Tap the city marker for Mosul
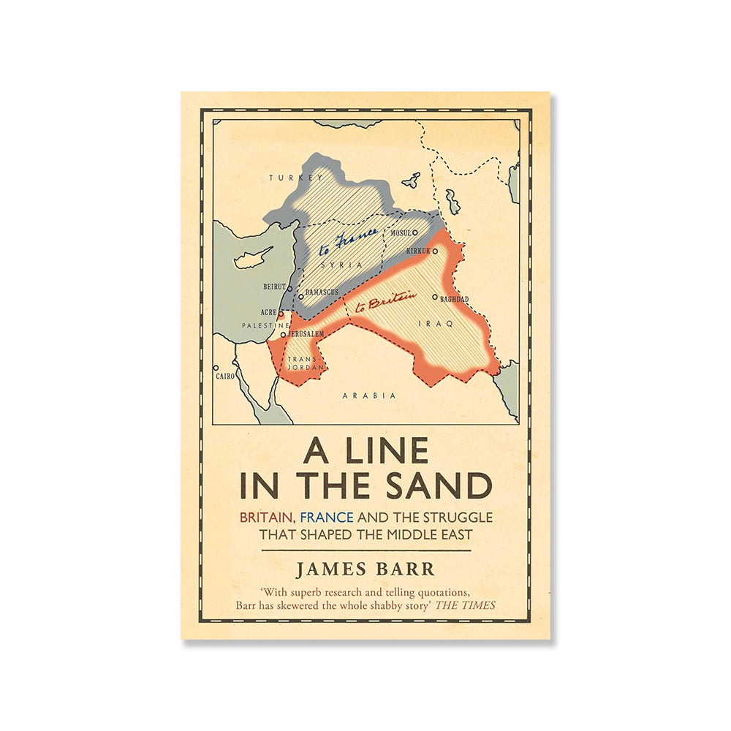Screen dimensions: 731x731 tap(415, 232)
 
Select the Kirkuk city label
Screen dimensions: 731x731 tap(417, 251)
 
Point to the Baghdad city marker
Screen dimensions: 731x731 tap(434, 298)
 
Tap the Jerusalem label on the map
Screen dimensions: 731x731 tap(306, 333)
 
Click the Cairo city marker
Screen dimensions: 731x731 tap(216, 368)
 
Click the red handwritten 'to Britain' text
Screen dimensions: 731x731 tap(385, 301)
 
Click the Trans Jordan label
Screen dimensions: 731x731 tap(301, 363)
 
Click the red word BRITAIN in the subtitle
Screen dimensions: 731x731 tap(268, 518)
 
